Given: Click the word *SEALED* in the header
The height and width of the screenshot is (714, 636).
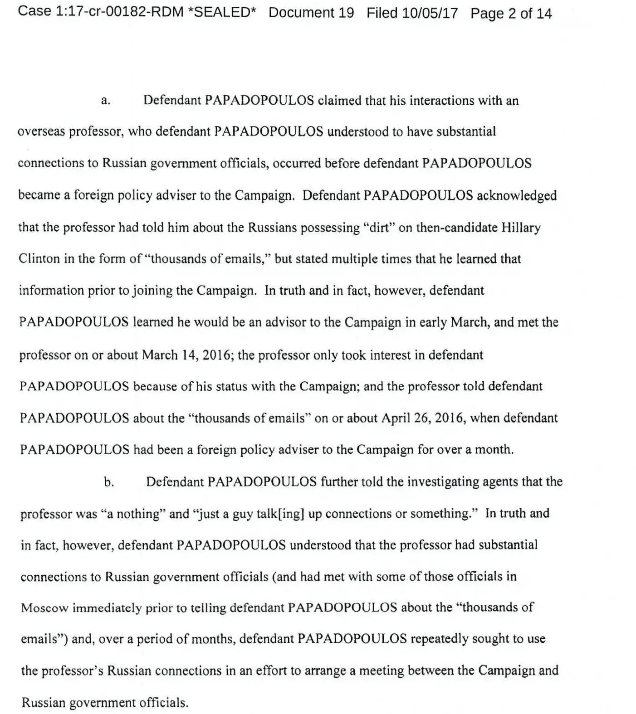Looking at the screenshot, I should pos(222,12).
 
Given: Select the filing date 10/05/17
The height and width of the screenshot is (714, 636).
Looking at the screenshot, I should pos(430,13).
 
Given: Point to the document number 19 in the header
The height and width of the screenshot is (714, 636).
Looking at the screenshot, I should pos(346,13).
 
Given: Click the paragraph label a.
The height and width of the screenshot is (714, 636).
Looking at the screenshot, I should pos(105,101).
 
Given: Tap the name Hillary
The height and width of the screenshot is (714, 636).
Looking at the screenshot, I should pos(521,227).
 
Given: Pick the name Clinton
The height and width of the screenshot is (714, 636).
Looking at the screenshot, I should pos(39,259).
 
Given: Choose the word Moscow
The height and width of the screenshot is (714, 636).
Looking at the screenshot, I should pos(44,608).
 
